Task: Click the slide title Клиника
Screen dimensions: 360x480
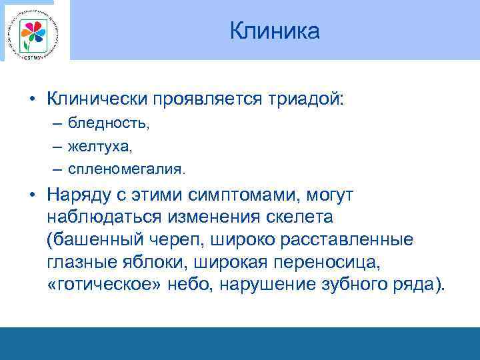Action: [x=275, y=31]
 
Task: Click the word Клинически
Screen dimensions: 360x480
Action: [x=99, y=99]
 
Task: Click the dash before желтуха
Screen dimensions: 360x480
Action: [x=53, y=146]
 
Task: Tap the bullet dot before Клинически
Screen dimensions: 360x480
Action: [x=31, y=99]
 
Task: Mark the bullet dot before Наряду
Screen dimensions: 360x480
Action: [x=31, y=195]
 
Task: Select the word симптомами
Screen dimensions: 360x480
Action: [x=232, y=195]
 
